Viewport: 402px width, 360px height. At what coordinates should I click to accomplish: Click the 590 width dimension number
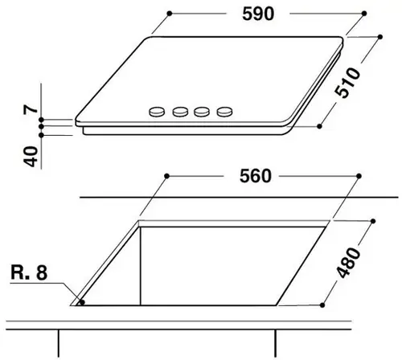[258, 14]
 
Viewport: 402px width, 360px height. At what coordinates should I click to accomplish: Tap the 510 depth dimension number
[347, 83]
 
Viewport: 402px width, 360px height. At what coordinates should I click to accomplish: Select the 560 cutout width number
[256, 176]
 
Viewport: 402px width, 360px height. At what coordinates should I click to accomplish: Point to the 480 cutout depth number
[348, 263]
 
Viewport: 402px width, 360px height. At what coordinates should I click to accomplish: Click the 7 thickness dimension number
[31, 109]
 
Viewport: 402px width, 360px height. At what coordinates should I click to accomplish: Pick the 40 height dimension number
[31, 157]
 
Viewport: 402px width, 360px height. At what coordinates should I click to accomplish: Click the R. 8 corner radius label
[29, 272]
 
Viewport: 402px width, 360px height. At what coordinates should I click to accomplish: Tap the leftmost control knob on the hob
[157, 112]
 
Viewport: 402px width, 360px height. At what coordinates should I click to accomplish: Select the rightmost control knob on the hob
[224, 112]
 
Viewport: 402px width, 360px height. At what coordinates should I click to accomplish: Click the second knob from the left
[180, 112]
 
